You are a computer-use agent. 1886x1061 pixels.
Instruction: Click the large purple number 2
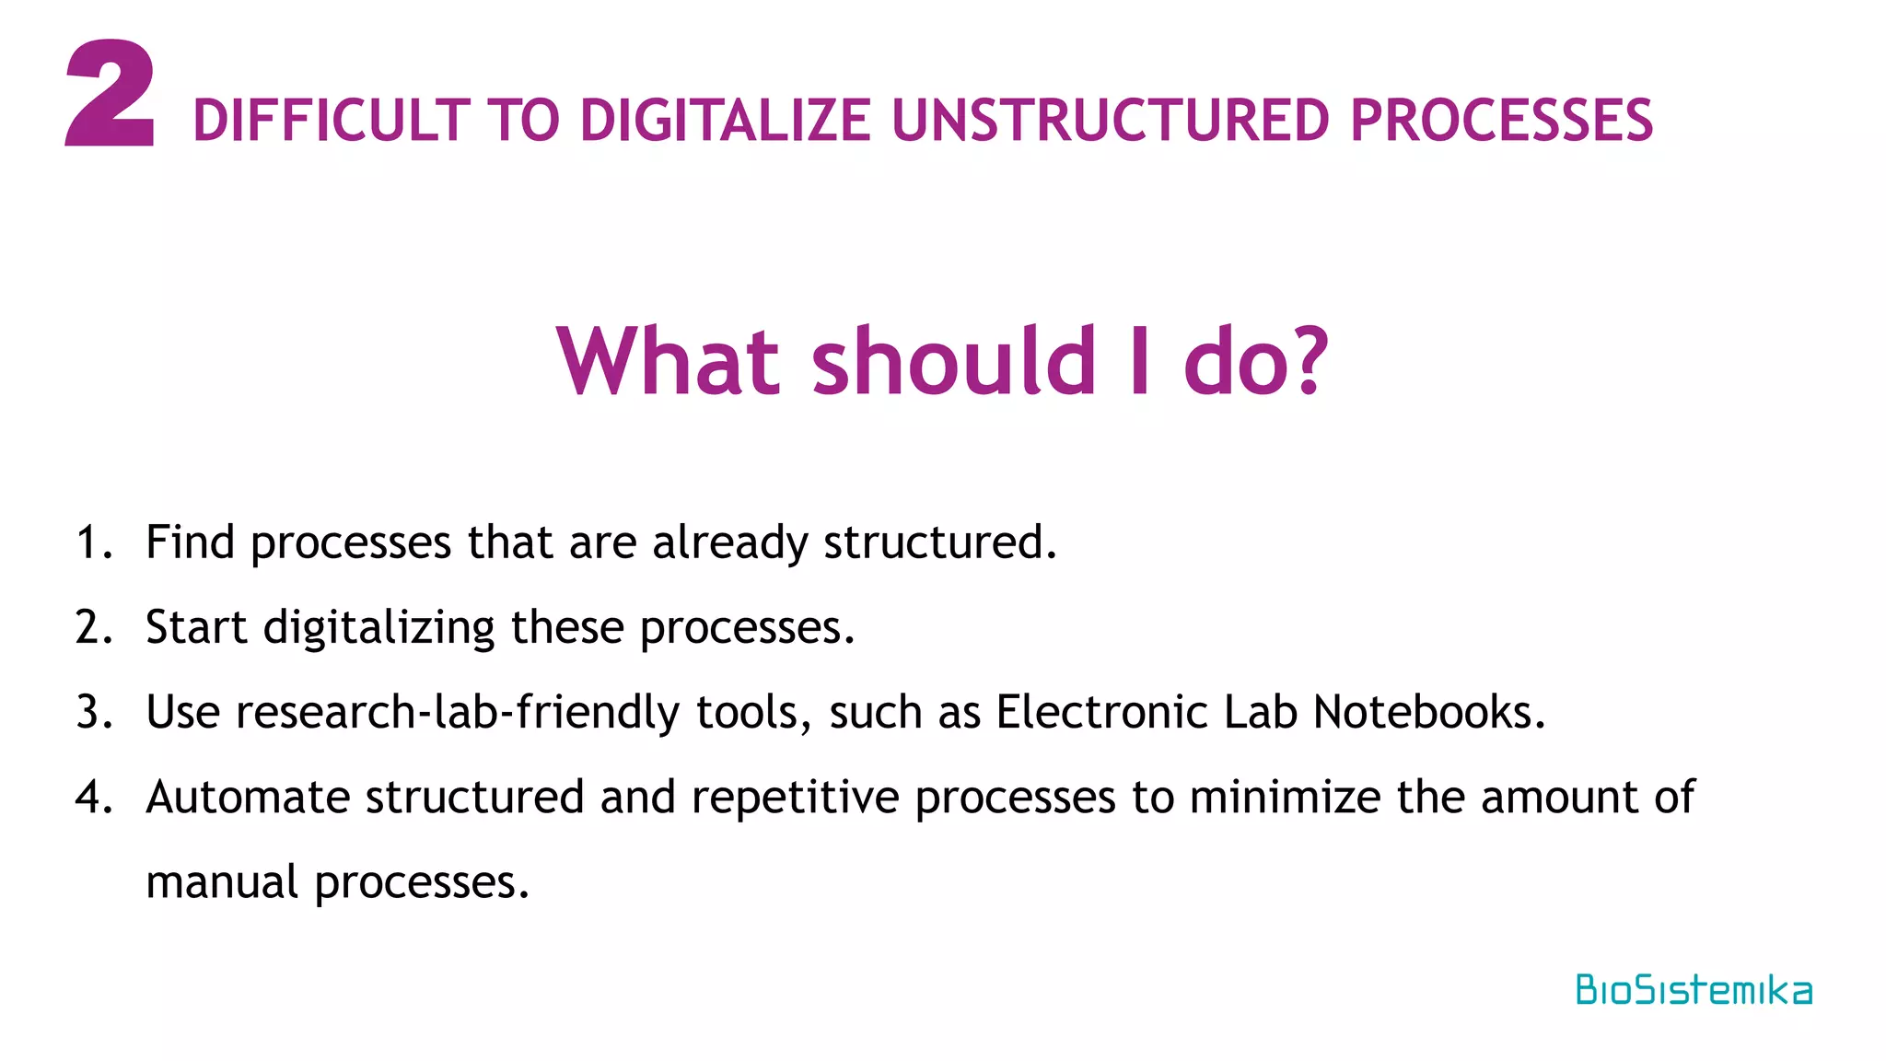pyautogui.click(x=111, y=94)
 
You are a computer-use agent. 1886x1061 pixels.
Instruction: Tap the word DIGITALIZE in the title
pyautogui.click(x=725, y=121)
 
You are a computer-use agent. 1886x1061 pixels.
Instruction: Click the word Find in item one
pyautogui.click(x=190, y=542)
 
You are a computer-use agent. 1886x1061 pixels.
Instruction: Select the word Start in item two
pyautogui.click(x=196, y=628)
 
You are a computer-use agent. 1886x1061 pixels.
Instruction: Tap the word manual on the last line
pyautogui.click(x=222, y=883)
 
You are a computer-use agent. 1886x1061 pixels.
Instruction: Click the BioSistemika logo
pyautogui.click(x=1693, y=990)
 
